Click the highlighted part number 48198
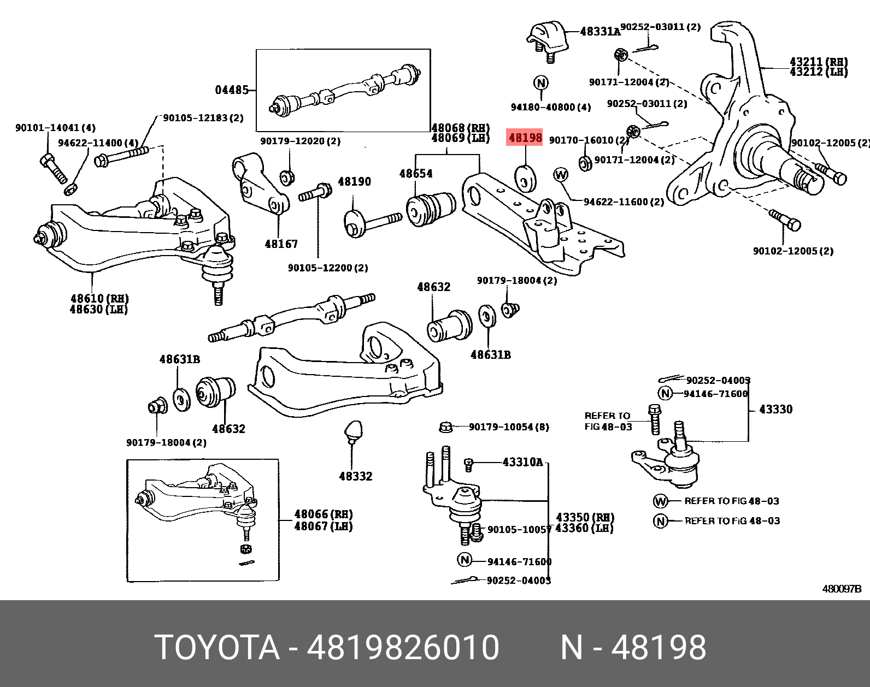(525, 138)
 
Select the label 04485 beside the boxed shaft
(232, 90)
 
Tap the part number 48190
(354, 181)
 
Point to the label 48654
(416, 174)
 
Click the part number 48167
(281, 244)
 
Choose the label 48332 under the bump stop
(355, 476)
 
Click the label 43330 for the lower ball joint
(775, 409)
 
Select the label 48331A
(600, 32)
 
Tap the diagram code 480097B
(842, 589)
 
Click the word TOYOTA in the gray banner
(217, 647)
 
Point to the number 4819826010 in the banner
(403, 647)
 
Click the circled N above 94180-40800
(540, 83)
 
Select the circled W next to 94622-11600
(561, 175)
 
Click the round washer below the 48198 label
(526, 178)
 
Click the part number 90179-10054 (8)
(509, 427)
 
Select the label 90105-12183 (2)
(203, 117)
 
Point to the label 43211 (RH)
(819, 62)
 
